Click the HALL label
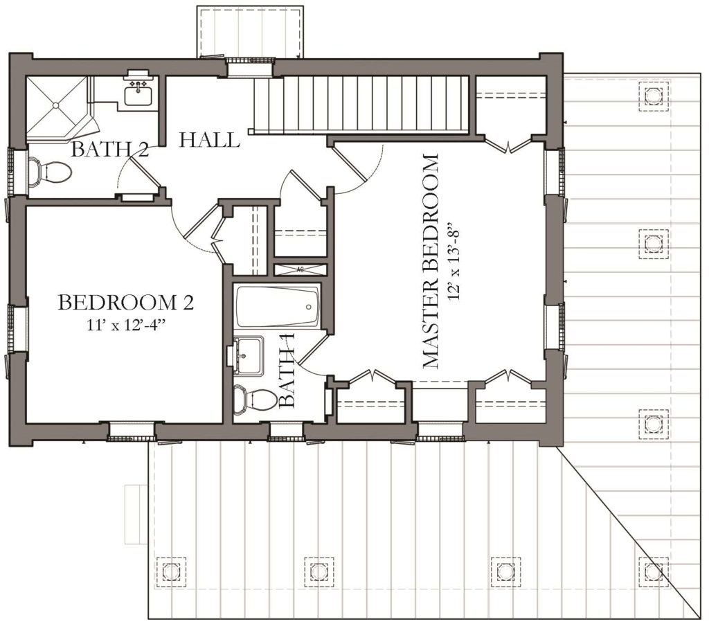[209, 140]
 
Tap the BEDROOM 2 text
[126, 303]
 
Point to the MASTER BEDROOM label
[430, 261]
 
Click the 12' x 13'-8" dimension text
[454, 261]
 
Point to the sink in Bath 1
[249, 355]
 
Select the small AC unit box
[300, 269]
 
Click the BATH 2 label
[110, 149]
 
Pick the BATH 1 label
[287, 371]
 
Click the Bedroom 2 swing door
[199, 222]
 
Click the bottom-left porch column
[171, 571]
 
